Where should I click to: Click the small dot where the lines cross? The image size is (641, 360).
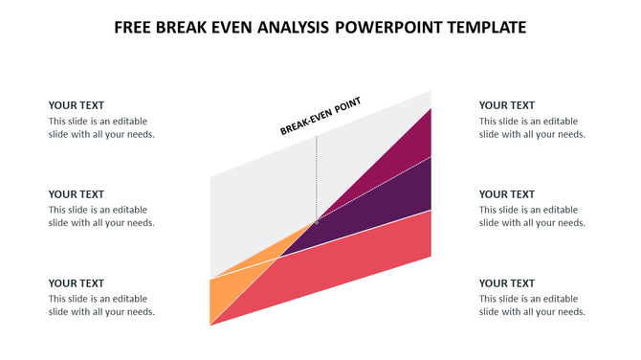click(x=317, y=221)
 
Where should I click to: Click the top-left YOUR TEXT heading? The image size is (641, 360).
click(x=77, y=105)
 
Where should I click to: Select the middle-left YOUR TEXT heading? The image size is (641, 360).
click(x=77, y=194)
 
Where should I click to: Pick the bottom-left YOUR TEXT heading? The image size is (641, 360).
click(x=77, y=283)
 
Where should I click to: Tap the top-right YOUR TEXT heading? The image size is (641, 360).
click(x=507, y=105)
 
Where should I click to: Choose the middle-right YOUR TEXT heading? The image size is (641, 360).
click(x=507, y=194)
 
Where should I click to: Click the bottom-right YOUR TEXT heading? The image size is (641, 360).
click(x=507, y=283)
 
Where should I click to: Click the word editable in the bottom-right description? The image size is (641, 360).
click(x=560, y=299)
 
